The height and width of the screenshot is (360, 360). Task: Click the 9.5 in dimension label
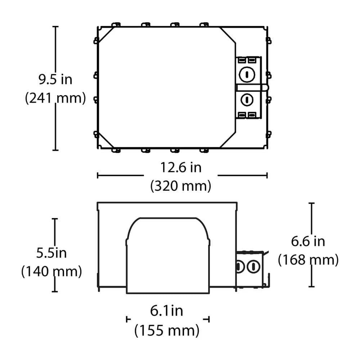click(55, 79)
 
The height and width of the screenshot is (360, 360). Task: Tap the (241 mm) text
click(55, 98)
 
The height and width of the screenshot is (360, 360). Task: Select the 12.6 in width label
click(181, 167)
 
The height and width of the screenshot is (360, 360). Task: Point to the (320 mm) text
click(181, 186)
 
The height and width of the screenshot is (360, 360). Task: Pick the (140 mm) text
click(51, 271)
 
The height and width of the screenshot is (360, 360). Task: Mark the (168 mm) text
click(308, 260)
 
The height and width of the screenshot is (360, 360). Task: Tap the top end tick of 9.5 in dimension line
click(55, 27)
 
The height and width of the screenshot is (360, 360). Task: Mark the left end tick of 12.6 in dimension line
click(98, 175)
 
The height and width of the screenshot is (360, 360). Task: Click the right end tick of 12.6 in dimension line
click(267, 175)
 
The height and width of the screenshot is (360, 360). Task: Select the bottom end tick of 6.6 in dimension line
click(311, 287)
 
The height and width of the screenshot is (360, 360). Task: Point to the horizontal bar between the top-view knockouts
click(252, 87)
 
